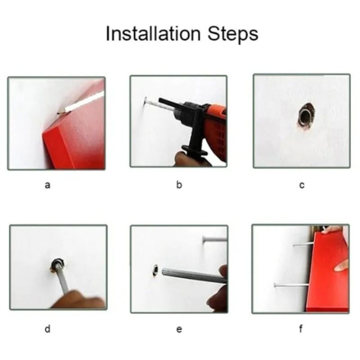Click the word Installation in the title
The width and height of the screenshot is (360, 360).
click(153, 34)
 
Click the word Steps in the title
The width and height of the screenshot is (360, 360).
click(233, 35)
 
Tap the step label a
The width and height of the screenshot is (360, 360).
click(47, 185)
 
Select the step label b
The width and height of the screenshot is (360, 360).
click(179, 184)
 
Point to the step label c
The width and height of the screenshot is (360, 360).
click(302, 185)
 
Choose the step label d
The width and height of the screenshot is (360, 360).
click(47, 329)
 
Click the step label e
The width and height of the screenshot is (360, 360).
click(179, 329)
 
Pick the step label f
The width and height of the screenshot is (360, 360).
click(301, 328)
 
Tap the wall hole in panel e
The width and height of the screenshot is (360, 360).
click(156, 270)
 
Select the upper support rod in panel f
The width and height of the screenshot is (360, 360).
click(303, 244)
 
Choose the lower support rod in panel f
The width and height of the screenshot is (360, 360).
click(292, 285)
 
